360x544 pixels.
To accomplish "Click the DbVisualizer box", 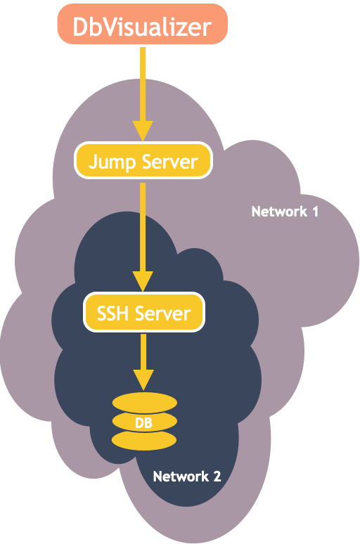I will coord(143,27).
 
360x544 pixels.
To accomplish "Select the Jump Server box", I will coord(143,162).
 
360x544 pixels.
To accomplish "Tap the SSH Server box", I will coord(143,312).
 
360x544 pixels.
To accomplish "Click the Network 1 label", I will coord(285,211).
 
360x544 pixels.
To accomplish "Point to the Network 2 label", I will coord(187,476).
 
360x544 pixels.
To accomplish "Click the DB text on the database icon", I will coord(143,422).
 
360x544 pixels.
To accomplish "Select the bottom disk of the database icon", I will coord(143,441).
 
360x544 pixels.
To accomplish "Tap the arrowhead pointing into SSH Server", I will coord(143,281).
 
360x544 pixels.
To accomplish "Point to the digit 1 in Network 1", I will coord(314,211).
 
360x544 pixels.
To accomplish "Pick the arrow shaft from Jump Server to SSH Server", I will coord(143,225).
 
